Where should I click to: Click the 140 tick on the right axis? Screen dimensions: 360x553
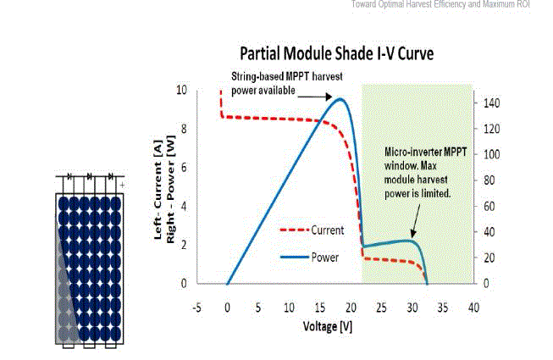tap(491, 103)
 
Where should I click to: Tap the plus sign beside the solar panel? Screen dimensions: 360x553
tap(123, 183)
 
